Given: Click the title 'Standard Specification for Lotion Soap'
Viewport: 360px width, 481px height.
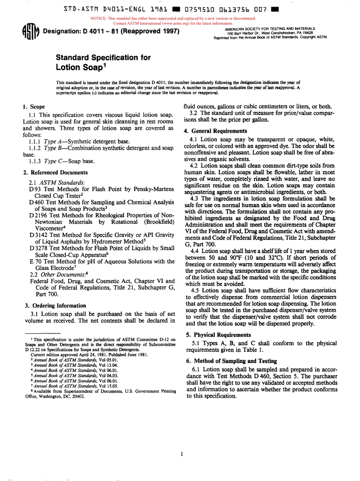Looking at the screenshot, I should coord(103,63).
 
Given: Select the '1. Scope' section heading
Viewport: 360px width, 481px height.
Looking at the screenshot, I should coord(34,107).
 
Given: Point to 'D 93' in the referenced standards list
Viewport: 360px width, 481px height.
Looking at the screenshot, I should coord(34,189).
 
